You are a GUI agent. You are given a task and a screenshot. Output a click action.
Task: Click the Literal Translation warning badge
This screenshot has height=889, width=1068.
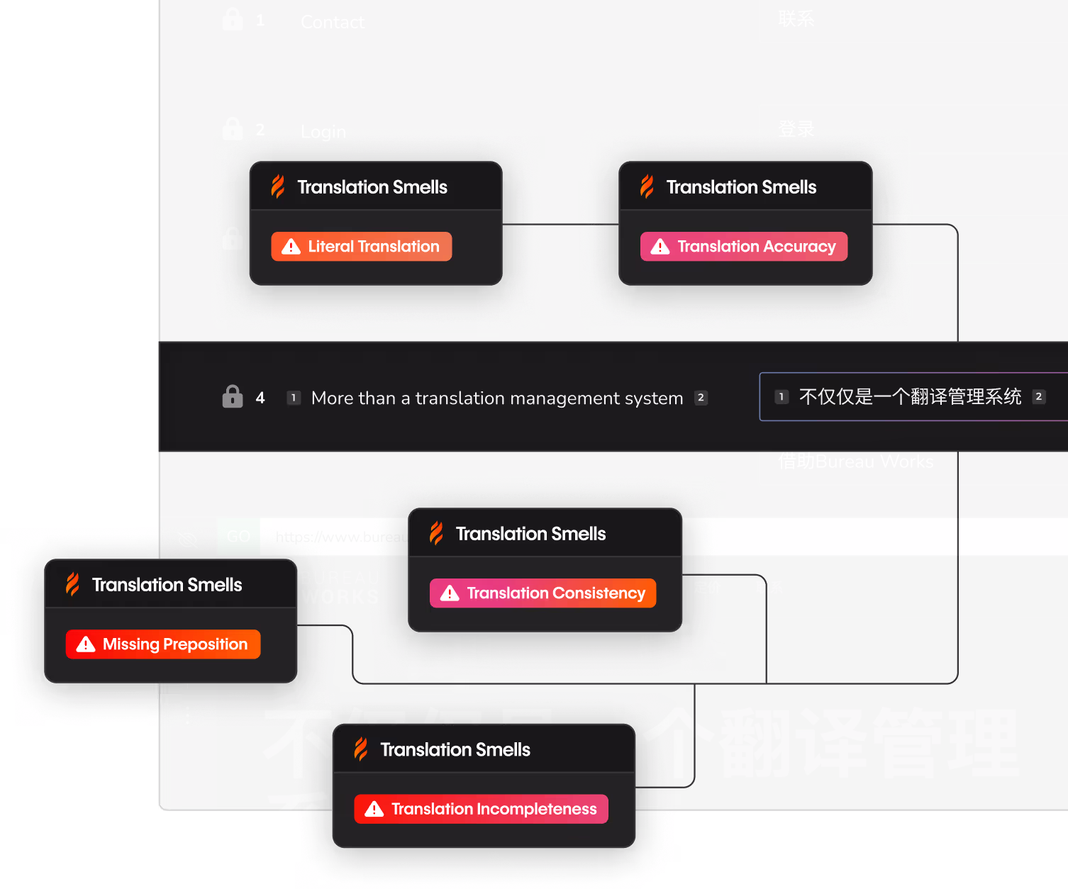(361, 247)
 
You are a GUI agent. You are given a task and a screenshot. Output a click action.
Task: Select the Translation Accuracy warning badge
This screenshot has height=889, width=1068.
(743, 247)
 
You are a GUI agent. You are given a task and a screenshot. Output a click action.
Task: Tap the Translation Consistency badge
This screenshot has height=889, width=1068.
(543, 593)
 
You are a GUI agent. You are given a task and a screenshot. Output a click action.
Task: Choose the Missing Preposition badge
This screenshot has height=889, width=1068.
(163, 644)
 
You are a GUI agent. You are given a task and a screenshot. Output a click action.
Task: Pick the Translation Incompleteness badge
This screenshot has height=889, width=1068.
(481, 809)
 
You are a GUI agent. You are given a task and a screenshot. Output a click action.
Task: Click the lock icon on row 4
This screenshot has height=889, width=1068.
(233, 396)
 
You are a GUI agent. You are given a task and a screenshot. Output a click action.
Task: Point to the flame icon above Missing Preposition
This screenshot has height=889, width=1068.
(72, 584)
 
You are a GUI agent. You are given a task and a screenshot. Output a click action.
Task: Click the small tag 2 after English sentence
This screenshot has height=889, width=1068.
(701, 398)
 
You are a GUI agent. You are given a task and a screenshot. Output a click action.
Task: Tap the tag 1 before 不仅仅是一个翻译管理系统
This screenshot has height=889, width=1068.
(781, 397)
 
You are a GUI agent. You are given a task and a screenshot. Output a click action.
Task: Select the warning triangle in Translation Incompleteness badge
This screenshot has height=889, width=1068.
(374, 809)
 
